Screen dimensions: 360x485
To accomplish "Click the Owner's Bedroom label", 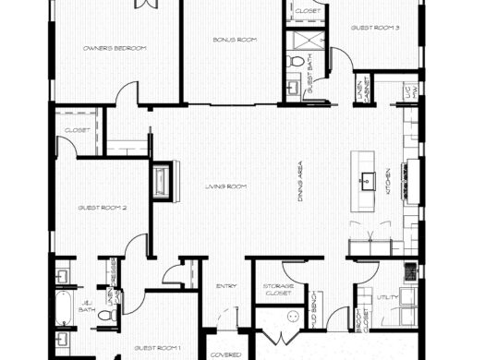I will [115, 47].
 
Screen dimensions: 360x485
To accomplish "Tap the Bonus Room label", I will [233, 41].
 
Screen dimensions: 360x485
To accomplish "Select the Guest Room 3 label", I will [374, 29].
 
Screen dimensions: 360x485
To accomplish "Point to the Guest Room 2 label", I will [102, 207].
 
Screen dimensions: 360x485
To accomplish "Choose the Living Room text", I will [226, 187].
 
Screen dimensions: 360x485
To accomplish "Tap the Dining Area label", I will [300, 181].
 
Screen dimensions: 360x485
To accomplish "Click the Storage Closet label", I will [277, 291].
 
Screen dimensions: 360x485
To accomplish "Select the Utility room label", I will [388, 297].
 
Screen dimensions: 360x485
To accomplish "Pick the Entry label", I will [226, 286].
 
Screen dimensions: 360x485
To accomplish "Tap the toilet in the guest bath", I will [295, 60].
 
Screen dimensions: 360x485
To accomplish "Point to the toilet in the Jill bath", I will [105, 315].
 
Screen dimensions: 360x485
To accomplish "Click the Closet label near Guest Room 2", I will [78, 130].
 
